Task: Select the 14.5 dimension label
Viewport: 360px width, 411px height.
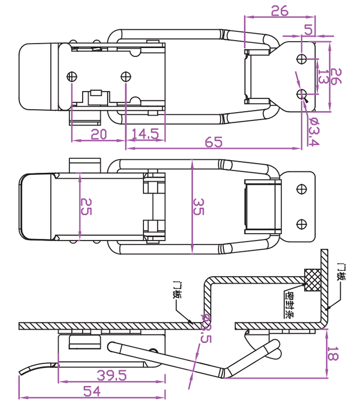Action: [x=145, y=134]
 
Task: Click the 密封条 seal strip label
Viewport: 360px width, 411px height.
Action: [x=291, y=306]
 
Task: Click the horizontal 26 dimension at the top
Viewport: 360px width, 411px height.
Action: [x=280, y=11]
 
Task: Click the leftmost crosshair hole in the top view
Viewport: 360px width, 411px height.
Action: [x=72, y=77]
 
